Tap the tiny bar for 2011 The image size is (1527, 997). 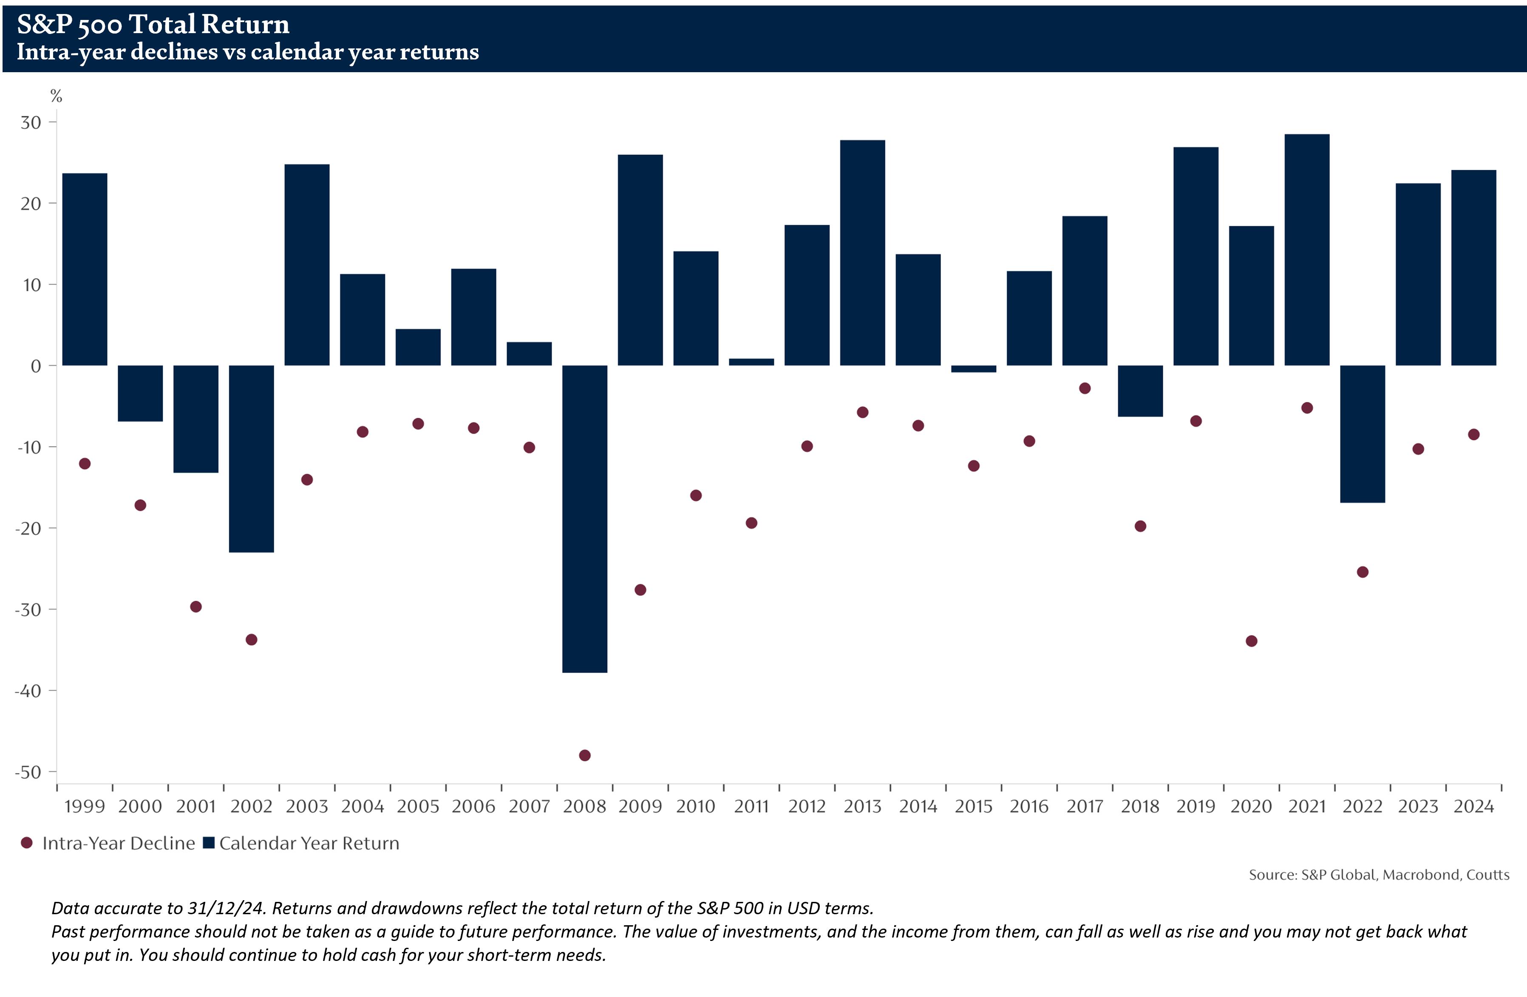click(x=751, y=362)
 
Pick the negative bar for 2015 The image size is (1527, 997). click(x=973, y=369)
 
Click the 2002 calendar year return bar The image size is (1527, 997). click(x=252, y=459)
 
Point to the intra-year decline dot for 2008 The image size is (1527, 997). click(x=584, y=755)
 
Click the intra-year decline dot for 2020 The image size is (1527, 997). click(x=1251, y=641)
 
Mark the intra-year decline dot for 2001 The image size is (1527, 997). click(x=195, y=606)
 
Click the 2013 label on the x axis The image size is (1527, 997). click(x=862, y=807)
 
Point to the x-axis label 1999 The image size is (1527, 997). click(x=85, y=807)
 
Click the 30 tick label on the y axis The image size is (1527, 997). click(x=31, y=122)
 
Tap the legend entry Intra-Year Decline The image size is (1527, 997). click(x=119, y=843)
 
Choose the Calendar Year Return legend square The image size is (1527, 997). click(x=209, y=842)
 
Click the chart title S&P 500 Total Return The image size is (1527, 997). click(x=153, y=24)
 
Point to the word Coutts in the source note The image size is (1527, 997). click(x=1488, y=875)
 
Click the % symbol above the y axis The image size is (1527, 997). click(x=57, y=96)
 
